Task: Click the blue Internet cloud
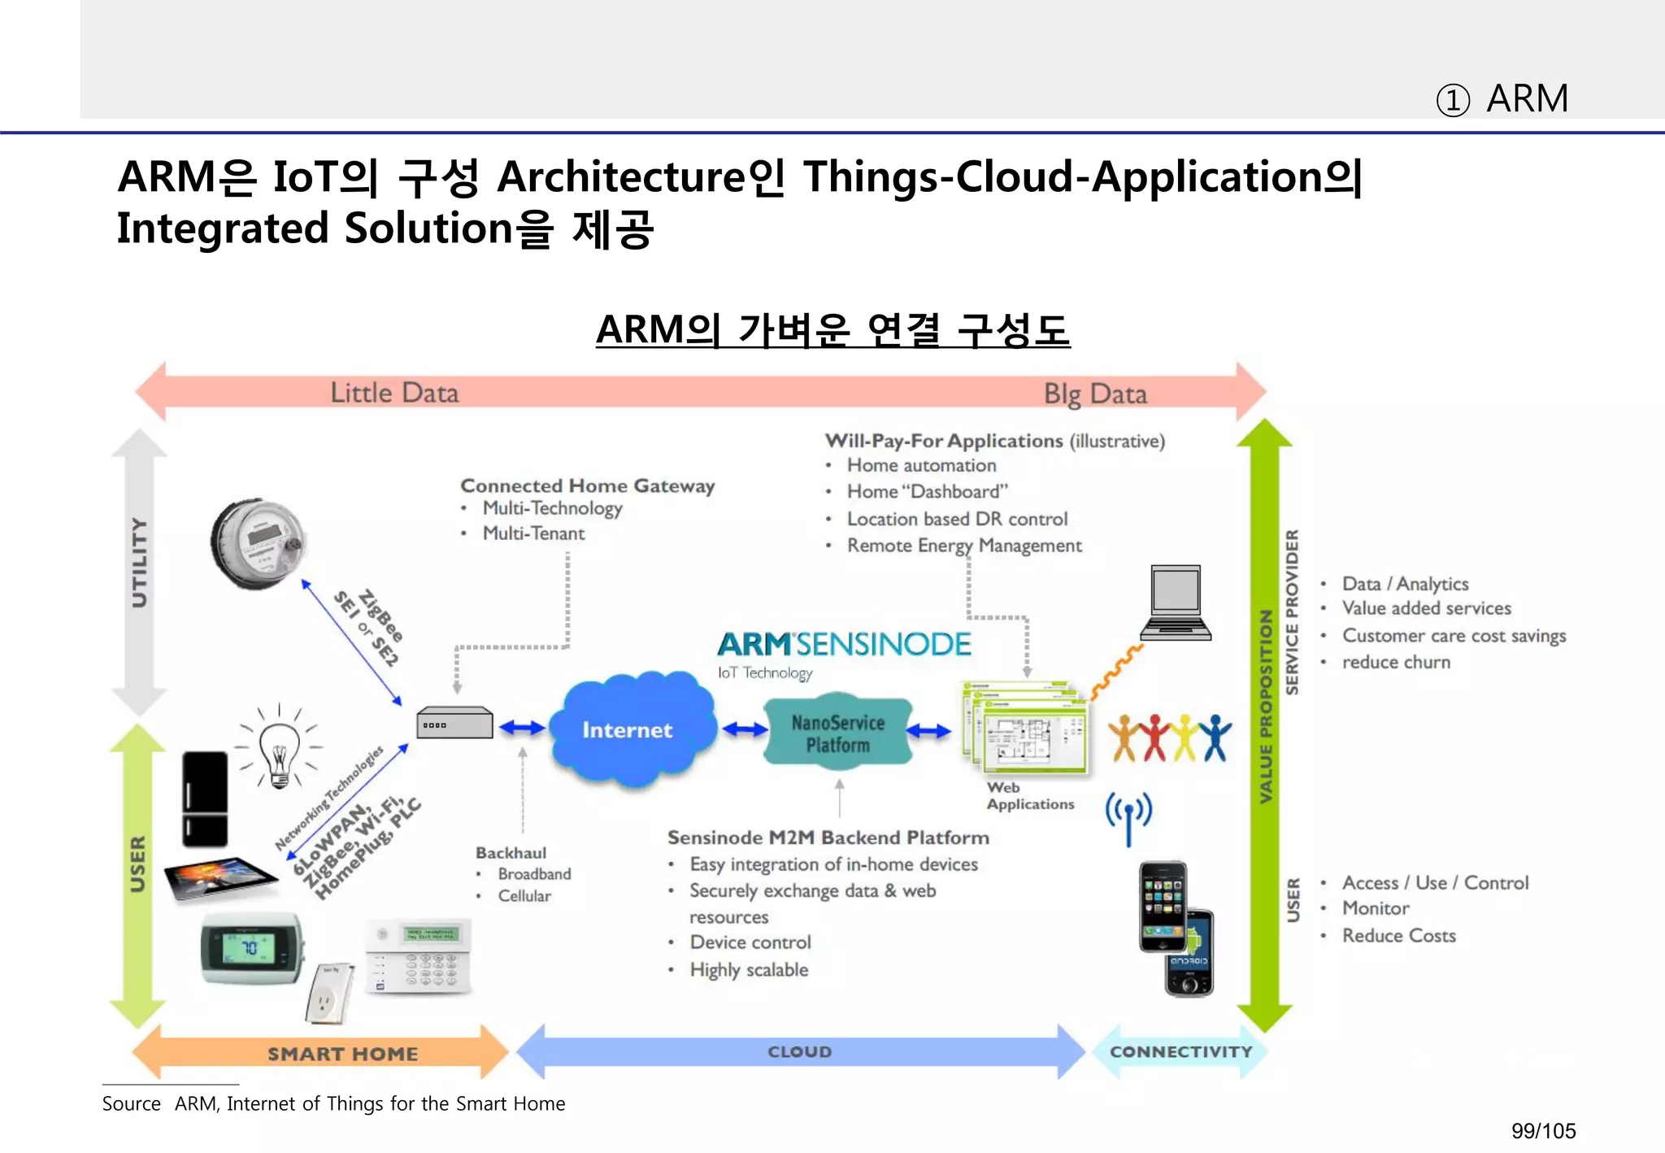(628, 729)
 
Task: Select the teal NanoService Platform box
(837, 732)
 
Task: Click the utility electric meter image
(259, 542)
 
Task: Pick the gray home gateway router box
(454, 722)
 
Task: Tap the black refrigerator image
(204, 798)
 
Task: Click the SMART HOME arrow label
(342, 1054)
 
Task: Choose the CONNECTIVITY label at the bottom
(1180, 1051)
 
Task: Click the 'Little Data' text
(394, 393)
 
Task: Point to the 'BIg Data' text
(1095, 394)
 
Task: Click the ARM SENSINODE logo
(843, 644)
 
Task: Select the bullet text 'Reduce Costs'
(1398, 935)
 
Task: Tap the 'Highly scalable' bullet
(749, 969)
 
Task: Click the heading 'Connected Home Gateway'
(587, 485)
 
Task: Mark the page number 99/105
(1543, 1130)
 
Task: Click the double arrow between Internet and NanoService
(743, 729)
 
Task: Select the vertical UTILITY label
(140, 563)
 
